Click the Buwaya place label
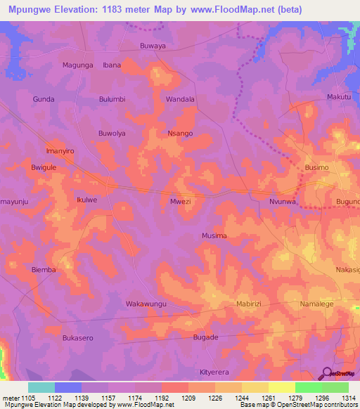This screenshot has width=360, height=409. point(153,46)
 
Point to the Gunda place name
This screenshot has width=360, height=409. point(44,99)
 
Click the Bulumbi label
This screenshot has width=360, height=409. point(112,99)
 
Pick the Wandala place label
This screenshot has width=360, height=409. point(180,99)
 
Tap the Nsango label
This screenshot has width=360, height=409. point(180,133)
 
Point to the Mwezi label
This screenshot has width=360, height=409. point(180,201)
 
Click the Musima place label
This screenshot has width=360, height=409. point(214,235)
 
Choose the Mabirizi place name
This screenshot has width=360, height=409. point(248,304)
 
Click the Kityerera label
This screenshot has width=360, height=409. point(214,372)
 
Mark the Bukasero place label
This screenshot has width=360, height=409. point(77,337)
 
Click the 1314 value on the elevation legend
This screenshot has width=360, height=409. point(348,398)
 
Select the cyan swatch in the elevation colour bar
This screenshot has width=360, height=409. point(41,387)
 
